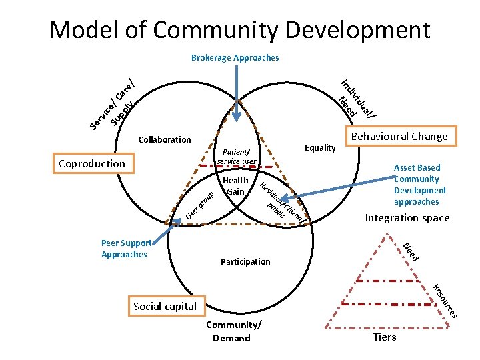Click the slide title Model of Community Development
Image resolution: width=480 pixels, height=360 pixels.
point(239,30)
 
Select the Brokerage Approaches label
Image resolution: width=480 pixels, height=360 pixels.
point(235,58)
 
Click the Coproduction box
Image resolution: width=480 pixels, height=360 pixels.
point(92,163)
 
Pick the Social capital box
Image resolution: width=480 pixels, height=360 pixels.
point(165,306)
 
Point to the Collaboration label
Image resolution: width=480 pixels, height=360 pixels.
point(164,140)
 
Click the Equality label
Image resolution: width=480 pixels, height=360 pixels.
point(319,147)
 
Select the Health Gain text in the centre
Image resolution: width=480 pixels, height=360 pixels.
point(236,186)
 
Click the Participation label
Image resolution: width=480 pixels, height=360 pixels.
point(245,261)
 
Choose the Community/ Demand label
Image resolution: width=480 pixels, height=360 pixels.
point(233,331)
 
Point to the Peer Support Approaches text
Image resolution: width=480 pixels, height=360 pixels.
point(126,249)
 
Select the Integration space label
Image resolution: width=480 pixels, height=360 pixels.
point(407,218)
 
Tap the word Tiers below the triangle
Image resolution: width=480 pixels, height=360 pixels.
point(385,337)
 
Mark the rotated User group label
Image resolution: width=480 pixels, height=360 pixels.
point(199,205)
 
